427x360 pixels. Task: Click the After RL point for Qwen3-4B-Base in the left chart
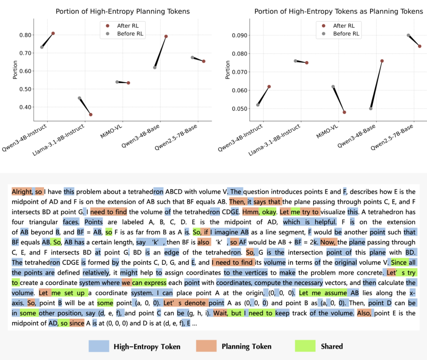pyautogui.click(x=166, y=36)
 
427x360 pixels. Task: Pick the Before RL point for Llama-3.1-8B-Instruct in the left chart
pyautogui.click(x=80, y=98)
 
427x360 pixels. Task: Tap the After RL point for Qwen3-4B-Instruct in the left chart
pyautogui.click(x=53, y=33)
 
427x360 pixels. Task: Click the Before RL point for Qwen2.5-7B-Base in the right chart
pyautogui.click(x=408, y=35)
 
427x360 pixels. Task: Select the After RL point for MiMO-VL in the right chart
pyautogui.click(x=344, y=112)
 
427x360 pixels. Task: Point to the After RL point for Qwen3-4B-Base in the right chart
pyautogui.click(x=382, y=61)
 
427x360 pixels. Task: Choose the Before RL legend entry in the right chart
pyautogui.click(x=346, y=34)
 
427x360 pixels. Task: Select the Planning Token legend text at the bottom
pyautogui.click(x=247, y=346)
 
